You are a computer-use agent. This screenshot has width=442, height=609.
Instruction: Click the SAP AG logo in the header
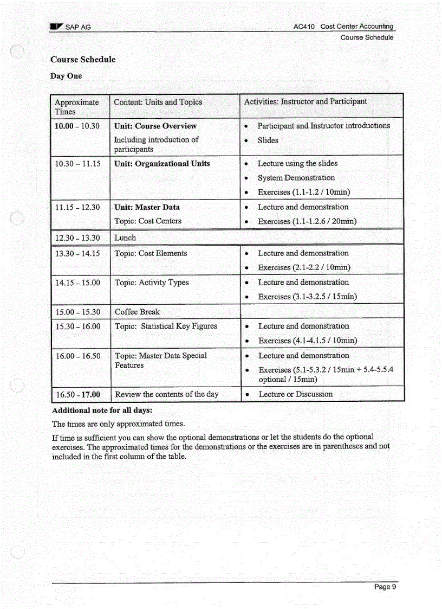pos(56,27)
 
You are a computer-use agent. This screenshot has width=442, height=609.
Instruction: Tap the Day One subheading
pos(66,76)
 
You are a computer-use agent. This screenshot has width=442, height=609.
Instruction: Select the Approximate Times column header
pos(77,107)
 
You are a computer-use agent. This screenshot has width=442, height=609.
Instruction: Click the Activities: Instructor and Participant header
pos(305,101)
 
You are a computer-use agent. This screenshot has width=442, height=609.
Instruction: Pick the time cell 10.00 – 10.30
pos(77,126)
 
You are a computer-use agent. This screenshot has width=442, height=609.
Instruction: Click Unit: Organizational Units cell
pos(162,164)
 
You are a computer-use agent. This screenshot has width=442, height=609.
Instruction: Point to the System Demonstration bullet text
pos(296,178)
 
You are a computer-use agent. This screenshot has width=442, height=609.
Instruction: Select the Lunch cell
pos(125,238)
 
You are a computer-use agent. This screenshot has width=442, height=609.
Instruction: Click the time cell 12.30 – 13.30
pos(77,238)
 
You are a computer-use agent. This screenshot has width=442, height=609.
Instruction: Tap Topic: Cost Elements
pos(151,253)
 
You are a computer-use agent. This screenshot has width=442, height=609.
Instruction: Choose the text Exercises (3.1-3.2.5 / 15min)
pos(307,297)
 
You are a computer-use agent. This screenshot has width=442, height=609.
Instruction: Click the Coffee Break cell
pos(137,312)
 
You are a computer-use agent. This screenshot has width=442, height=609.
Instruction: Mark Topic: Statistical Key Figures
pos(166,326)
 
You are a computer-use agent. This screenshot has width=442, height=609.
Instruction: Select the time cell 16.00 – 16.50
pos(77,356)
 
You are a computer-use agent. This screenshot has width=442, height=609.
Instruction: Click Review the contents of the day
pos(167,394)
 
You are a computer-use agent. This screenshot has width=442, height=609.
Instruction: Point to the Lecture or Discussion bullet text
pos(295,394)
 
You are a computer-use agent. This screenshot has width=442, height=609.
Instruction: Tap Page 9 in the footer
pos(386,587)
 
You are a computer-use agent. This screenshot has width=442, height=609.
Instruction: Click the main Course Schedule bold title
pos(83,60)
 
